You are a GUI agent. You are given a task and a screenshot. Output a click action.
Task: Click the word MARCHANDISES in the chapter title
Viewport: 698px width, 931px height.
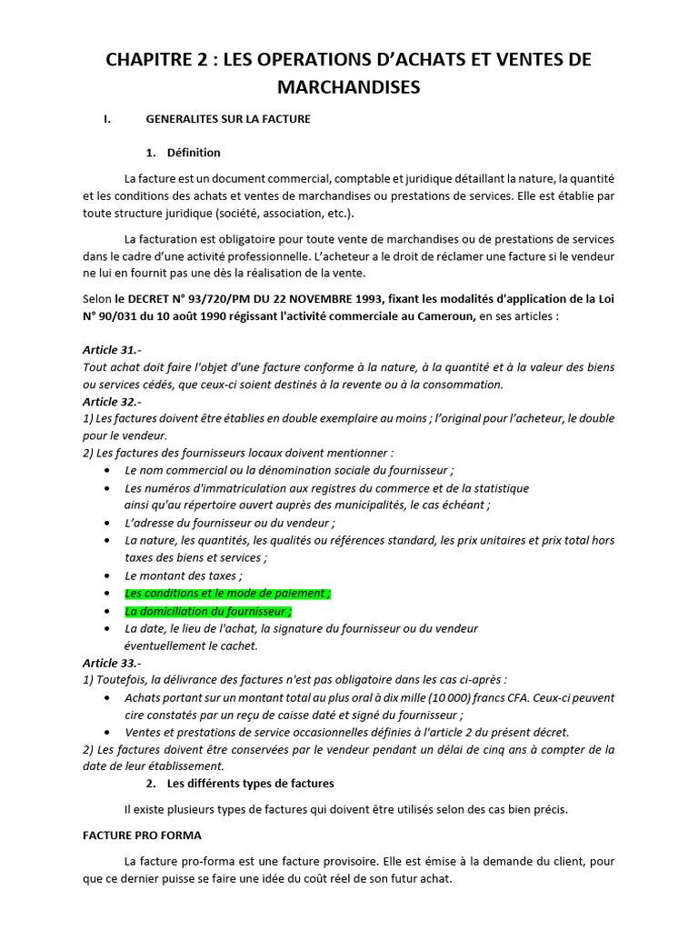click(349, 86)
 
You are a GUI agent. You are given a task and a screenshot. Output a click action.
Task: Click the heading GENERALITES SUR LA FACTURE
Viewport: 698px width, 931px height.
click(228, 119)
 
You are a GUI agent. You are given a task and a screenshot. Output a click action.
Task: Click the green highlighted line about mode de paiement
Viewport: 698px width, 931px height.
click(228, 593)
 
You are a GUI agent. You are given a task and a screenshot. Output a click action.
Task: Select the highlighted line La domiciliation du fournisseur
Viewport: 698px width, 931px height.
click(208, 611)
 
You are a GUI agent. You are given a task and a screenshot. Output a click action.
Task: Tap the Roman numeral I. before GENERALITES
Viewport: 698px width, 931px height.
click(107, 119)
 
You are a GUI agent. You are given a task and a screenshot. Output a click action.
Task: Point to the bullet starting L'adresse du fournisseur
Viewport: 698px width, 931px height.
click(229, 523)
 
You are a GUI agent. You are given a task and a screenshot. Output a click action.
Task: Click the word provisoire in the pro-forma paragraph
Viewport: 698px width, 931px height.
click(354, 861)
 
